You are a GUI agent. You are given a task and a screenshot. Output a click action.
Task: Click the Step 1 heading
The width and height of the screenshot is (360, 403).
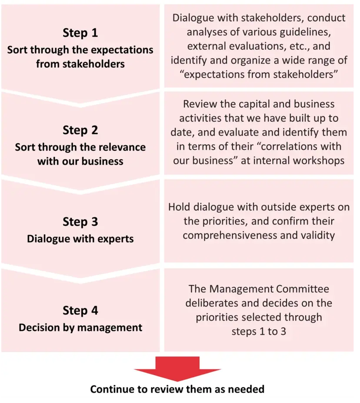tap(80, 33)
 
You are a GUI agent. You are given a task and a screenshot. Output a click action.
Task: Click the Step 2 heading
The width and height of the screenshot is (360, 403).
tap(80, 130)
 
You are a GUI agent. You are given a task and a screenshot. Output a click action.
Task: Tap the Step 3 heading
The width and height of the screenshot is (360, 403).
tap(80, 221)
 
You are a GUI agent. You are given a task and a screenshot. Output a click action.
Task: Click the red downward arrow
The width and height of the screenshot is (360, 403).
tap(177, 367)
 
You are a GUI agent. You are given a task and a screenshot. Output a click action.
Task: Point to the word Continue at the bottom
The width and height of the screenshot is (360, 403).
tap(111, 389)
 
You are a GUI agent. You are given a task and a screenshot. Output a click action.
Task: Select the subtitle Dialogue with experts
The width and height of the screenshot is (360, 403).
tap(80, 239)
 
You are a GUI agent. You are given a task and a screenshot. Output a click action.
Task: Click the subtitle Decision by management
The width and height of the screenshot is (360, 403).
tap(80, 327)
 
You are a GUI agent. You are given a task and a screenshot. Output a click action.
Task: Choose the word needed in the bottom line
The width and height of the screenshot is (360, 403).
tap(248, 389)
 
